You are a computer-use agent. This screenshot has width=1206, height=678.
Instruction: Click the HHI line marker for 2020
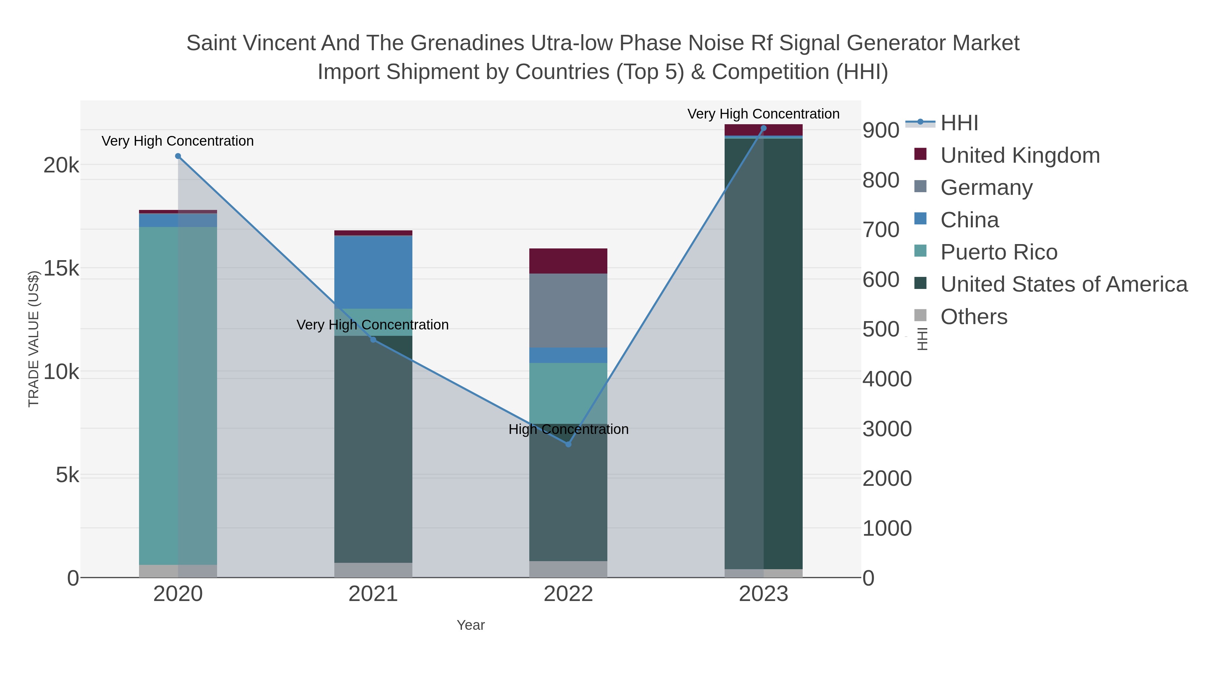178,156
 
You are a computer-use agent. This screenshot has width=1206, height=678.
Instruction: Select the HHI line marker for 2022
568,444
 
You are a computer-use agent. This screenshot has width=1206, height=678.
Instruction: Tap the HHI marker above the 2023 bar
763,128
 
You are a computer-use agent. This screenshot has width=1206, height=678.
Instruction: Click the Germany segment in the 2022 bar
568,310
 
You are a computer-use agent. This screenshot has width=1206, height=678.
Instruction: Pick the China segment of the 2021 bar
373,272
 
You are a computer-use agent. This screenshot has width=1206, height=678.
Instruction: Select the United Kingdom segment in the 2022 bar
568,260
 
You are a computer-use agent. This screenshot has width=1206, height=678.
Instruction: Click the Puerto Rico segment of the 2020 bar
178,395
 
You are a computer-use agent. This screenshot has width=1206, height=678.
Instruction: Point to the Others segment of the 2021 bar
373,570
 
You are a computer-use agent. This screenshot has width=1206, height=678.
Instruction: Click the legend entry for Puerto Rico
999,252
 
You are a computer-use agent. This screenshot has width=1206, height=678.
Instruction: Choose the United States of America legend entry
1063,285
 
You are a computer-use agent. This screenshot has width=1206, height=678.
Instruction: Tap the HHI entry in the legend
959,123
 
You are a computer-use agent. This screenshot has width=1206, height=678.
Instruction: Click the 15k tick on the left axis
61,269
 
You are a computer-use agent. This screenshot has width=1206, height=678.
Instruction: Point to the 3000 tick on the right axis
887,429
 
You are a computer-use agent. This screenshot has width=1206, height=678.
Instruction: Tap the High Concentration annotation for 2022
568,429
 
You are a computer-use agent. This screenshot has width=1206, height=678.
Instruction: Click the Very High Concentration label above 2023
763,114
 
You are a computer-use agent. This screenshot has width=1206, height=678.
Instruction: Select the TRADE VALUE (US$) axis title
34,339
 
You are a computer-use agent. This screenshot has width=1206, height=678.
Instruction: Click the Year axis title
471,625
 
